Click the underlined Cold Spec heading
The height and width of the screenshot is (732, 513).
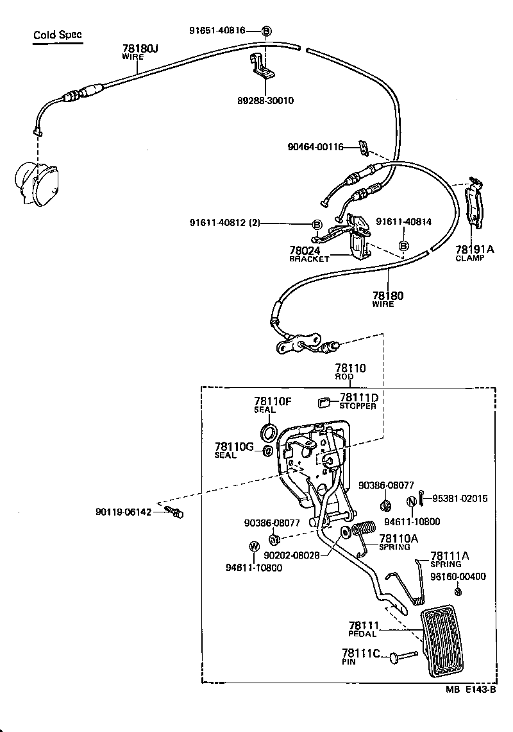pyautogui.click(x=58, y=35)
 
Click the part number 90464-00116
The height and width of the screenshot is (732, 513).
pyautogui.click(x=315, y=148)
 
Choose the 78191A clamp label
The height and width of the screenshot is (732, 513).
pyautogui.click(x=475, y=250)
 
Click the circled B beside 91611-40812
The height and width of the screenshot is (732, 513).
pyautogui.click(x=317, y=224)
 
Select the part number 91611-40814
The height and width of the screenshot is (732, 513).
pyautogui.click(x=403, y=222)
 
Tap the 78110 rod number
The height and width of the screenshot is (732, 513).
pyautogui.click(x=349, y=369)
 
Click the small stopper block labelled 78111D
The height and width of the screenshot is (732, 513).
pyautogui.click(x=324, y=403)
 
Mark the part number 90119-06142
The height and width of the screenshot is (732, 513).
pyautogui.click(x=124, y=512)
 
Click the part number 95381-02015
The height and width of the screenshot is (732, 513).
pyautogui.click(x=459, y=498)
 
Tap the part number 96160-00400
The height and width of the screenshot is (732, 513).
pyautogui.click(x=458, y=577)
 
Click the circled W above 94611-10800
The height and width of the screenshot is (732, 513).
pyautogui.click(x=253, y=546)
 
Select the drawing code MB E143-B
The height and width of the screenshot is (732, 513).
pyautogui.click(x=471, y=690)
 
